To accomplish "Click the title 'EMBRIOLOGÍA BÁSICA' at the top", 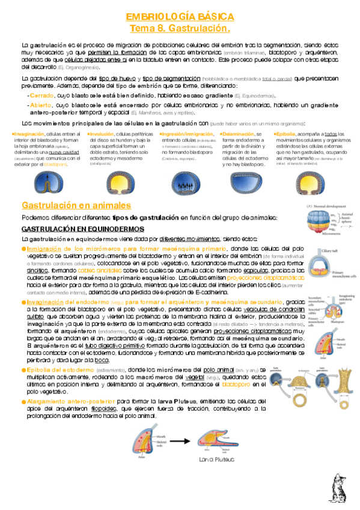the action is coord(180,17).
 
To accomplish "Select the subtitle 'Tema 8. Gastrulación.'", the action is coord(180,29).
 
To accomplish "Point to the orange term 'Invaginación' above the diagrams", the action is coord(31,134).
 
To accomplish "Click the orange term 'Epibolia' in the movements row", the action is coord(285,134).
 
